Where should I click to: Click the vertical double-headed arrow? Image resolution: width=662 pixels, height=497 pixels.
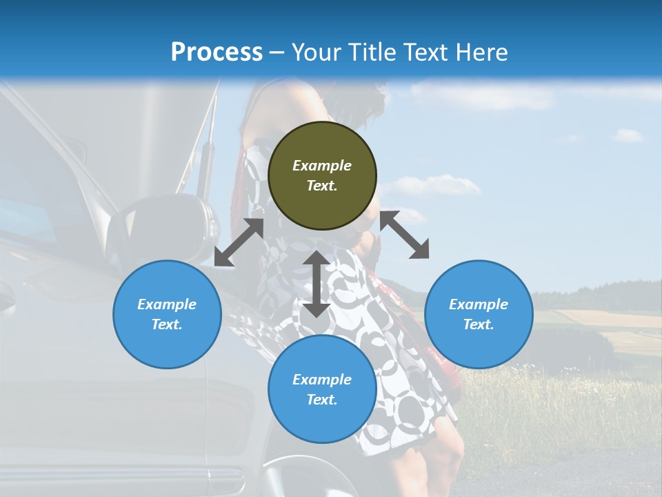point(317,284)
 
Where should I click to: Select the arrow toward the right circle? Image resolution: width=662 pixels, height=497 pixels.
point(404,235)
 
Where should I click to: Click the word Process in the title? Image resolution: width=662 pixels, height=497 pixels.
point(217,52)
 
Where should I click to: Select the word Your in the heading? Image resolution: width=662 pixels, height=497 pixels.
point(314,52)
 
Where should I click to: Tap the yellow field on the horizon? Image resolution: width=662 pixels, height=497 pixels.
point(607,319)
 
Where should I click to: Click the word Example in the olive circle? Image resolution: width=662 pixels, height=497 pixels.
point(322,166)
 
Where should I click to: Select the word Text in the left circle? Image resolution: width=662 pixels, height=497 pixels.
point(167,324)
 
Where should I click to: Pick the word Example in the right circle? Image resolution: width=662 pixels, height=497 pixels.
point(479,304)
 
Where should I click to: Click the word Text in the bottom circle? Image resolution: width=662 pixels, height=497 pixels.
point(322,400)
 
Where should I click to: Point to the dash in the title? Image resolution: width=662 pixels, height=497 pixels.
point(277,53)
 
